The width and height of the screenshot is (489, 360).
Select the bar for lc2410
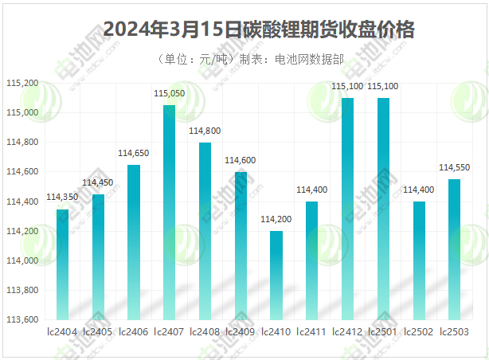pyautogui.click(x=276, y=276)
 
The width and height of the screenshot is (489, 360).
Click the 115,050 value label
pyautogui.click(x=169, y=94)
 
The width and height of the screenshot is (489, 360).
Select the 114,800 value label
pyautogui.click(x=205, y=131)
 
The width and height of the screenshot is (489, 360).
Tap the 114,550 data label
pyautogui.click(x=454, y=167)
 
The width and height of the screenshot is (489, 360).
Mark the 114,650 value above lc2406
pyautogui.click(x=134, y=153)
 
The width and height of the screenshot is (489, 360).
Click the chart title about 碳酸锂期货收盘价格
pyautogui.click(x=259, y=30)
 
